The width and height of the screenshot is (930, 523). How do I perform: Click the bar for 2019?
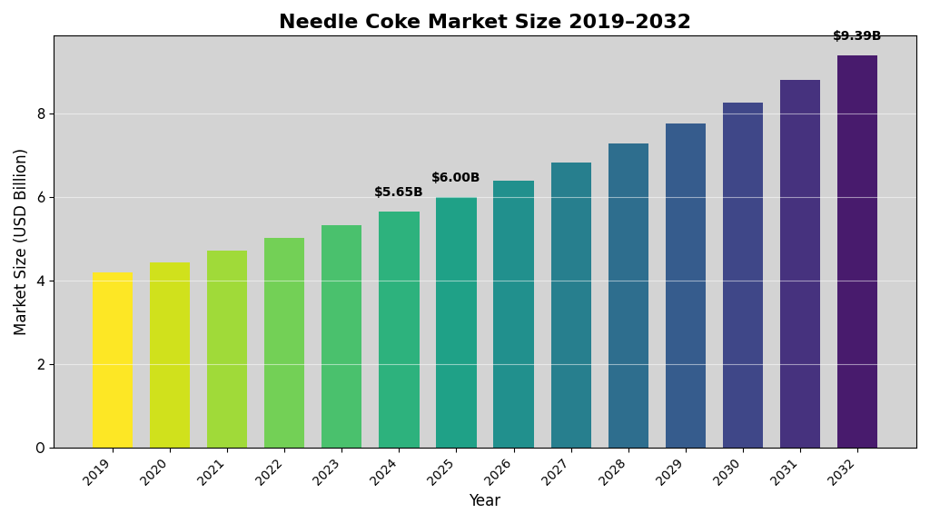coord(112,360)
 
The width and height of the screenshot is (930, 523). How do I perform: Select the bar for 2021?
coord(227,349)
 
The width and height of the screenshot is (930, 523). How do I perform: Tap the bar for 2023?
coord(341,336)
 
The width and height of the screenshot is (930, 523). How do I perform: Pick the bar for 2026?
coord(513,314)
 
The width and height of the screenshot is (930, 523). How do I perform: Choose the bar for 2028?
coord(628,295)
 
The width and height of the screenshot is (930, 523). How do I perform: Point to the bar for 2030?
coord(743,275)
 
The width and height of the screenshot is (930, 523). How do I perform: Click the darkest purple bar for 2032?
coord(857,252)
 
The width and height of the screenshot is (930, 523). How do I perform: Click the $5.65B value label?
coord(399,192)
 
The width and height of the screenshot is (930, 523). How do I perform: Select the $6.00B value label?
coord(456,178)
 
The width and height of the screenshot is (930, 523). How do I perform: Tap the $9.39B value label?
coord(857,36)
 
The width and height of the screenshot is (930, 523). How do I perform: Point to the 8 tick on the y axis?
coord(41,113)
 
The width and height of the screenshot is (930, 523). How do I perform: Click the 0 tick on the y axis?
coord(41,448)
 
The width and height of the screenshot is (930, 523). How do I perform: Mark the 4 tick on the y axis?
coord(41,281)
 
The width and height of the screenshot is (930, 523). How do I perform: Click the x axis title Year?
coord(484,501)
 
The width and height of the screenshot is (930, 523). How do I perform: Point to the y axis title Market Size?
coord(21,242)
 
